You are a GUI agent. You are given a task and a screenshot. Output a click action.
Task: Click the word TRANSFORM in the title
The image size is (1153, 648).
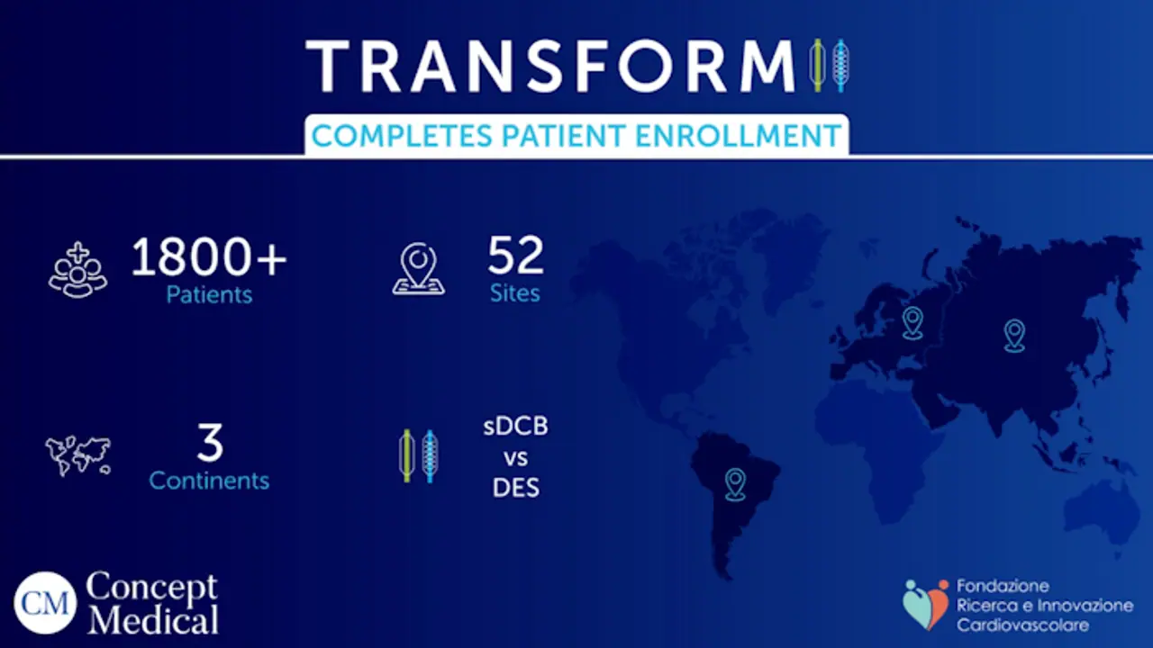tap(550, 65)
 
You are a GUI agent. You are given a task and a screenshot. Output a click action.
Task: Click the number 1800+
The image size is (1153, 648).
tap(209, 258)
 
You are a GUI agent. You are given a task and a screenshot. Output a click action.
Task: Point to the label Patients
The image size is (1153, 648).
tap(209, 294)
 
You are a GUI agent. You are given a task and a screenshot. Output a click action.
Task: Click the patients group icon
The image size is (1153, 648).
tap(77, 268)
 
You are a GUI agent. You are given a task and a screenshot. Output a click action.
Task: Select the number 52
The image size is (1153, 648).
tap(515, 256)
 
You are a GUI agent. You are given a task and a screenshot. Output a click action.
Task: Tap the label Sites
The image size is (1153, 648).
tap(515, 293)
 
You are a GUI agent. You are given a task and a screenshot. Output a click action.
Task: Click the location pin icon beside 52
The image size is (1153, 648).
tap(419, 269)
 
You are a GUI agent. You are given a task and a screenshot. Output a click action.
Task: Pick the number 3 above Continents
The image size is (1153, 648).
tap(209, 444)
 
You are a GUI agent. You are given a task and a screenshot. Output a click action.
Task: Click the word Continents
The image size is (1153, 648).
tap(209, 481)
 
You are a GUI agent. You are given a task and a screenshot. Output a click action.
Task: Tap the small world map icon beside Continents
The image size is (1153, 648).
tap(78, 456)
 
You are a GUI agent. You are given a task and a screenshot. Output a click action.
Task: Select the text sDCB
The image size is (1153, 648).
tap(515, 427)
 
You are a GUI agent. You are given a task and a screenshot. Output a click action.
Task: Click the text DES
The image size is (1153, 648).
tap(515, 488)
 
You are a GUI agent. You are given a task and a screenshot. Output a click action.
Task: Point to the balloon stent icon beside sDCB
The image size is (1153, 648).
tap(418, 455)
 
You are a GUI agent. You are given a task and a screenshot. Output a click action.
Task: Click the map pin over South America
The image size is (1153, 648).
tap(735, 483)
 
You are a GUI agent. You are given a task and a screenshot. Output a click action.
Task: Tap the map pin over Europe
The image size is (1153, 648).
tap(912, 322)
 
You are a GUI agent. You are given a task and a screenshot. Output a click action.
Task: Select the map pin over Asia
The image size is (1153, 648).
tap(1014, 335)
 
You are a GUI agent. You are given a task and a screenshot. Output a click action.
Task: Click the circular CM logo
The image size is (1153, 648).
tap(45, 602)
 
